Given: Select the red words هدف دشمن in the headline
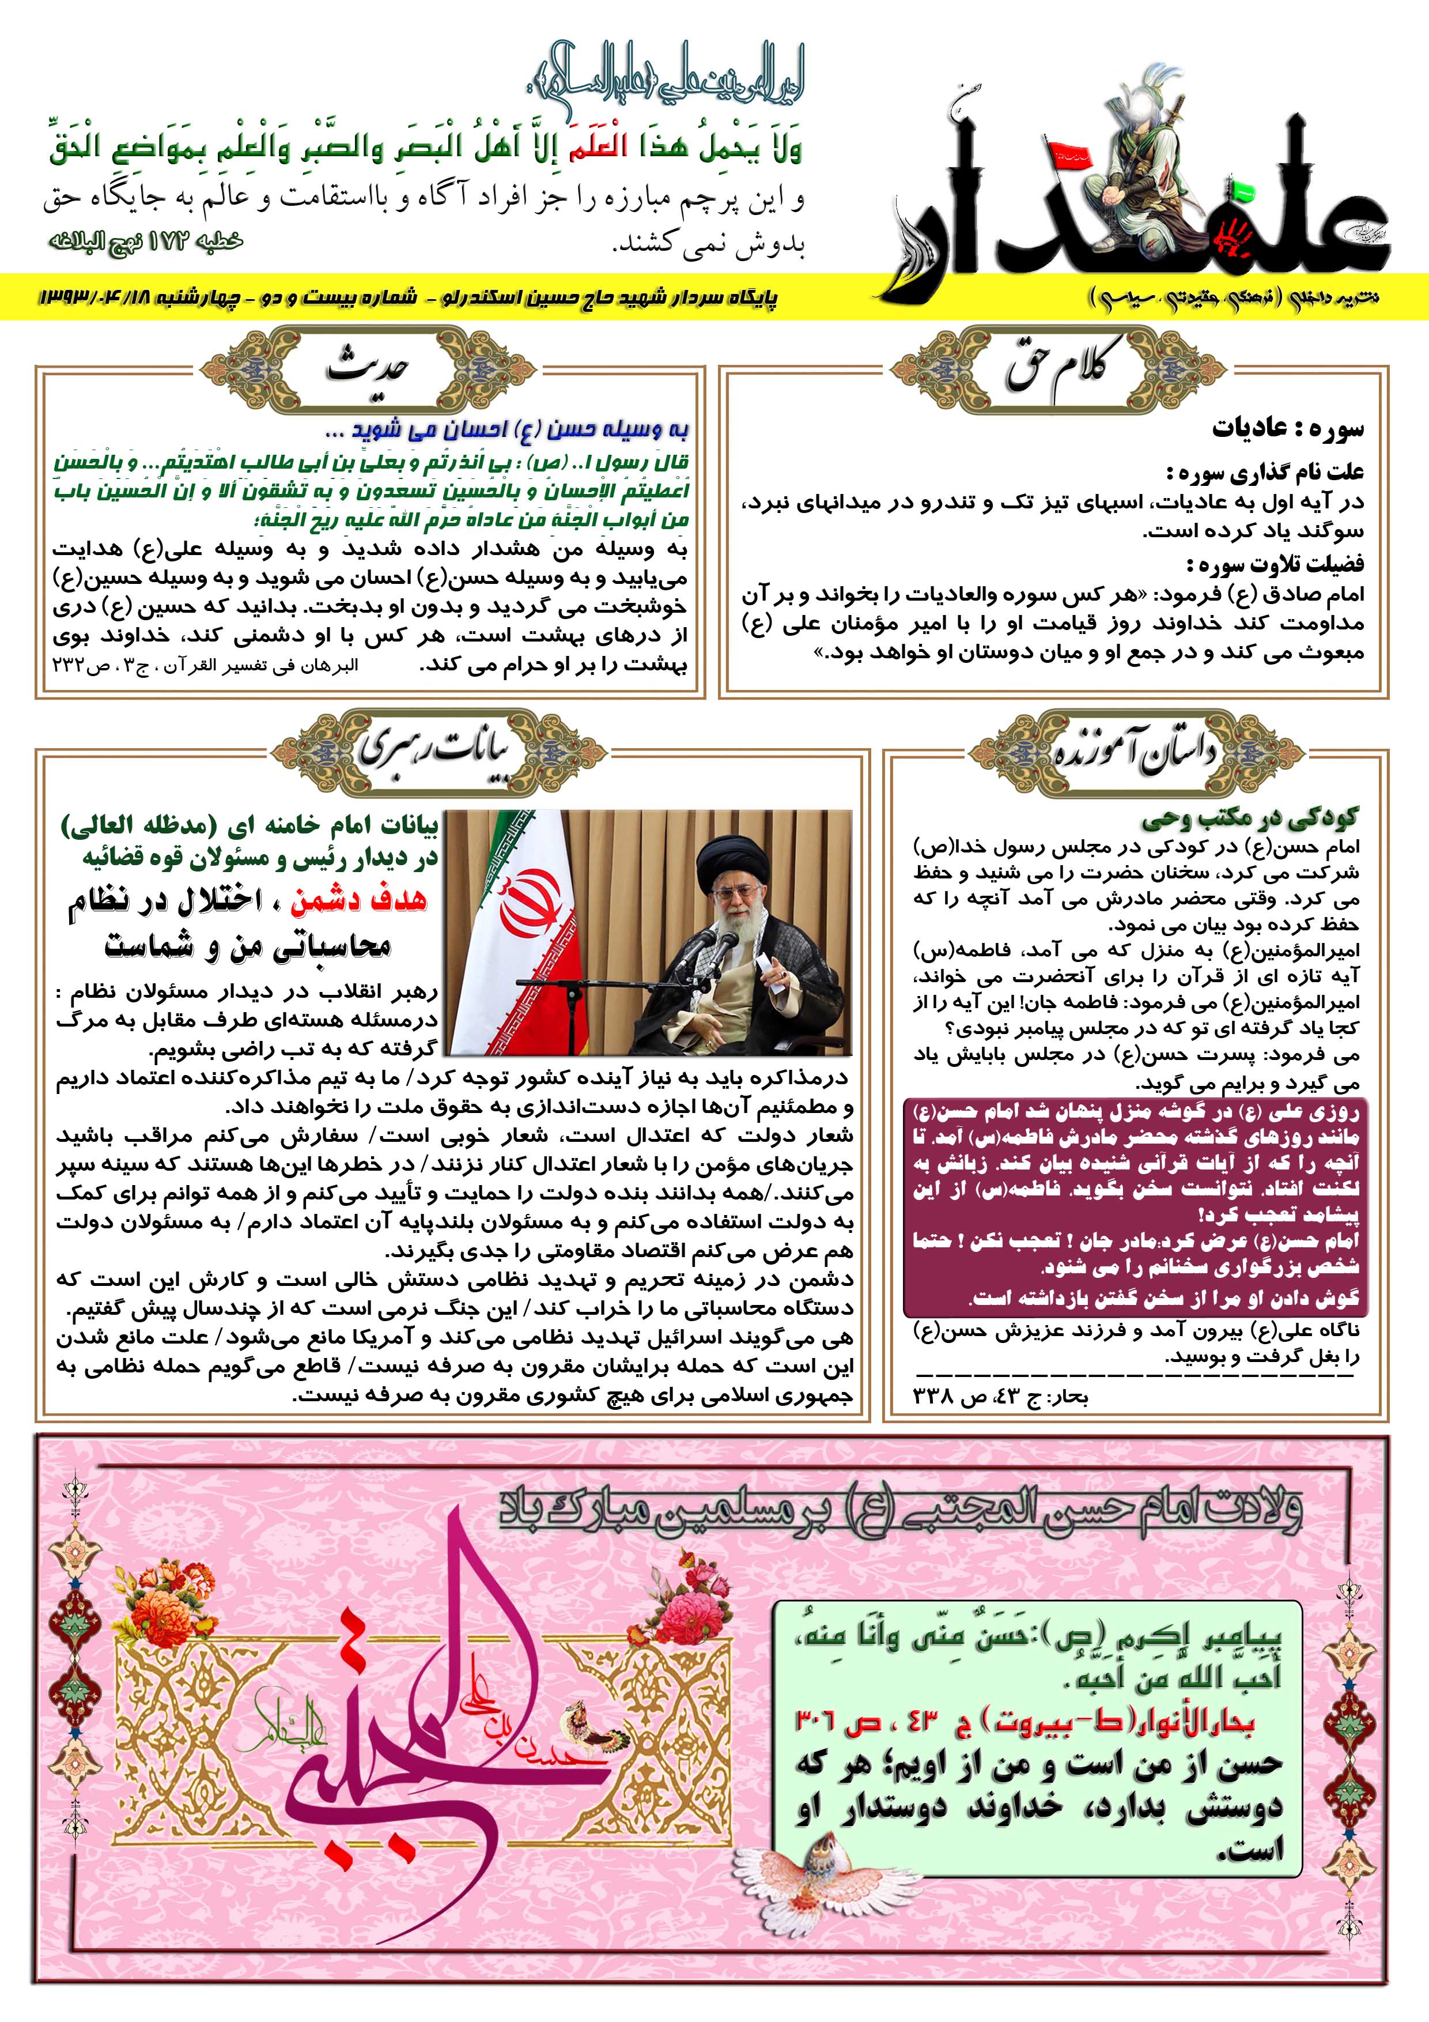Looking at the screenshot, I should pyautogui.click(x=358, y=899).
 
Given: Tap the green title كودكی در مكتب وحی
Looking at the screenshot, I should pyautogui.click(x=1250, y=820).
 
